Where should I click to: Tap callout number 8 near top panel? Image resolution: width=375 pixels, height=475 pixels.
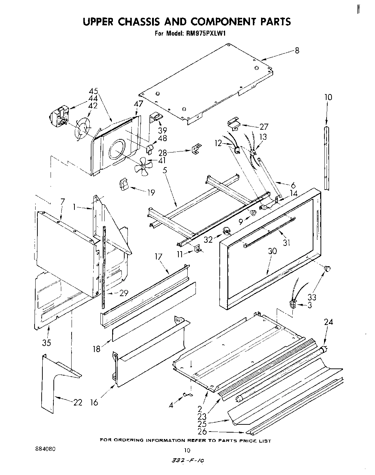point(297,51)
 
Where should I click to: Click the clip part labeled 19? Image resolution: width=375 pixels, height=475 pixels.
point(124,185)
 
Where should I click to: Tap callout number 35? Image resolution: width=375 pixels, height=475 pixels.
point(46,343)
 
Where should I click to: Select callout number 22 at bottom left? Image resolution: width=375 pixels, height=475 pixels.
point(78,403)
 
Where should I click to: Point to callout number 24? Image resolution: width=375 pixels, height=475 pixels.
point(328,322)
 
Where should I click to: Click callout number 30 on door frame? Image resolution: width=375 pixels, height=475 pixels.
point(272,251)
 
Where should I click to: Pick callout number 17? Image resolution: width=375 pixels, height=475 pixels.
point(158,257)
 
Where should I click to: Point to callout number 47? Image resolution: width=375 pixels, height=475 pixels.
point(138,104)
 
